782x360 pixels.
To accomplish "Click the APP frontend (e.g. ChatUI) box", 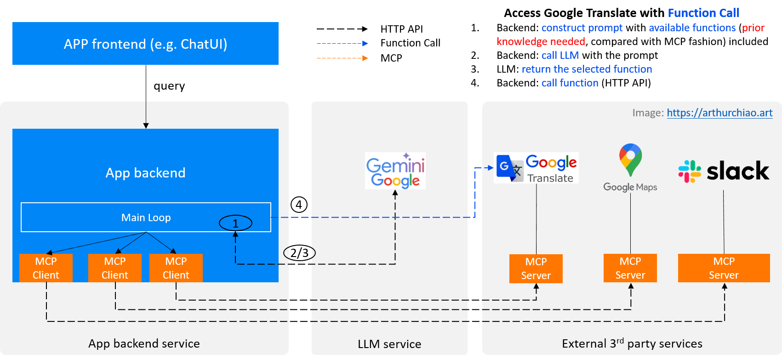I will tap(145, 44).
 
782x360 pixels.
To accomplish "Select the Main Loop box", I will tap(146, 217).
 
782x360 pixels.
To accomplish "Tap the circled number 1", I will tap(235, 223).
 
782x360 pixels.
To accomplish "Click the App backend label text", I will tap(146, 173).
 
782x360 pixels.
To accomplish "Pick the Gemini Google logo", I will tap(395, 171).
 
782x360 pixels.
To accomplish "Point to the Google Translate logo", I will tap(536, 168).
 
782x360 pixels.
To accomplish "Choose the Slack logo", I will tap(724, 171).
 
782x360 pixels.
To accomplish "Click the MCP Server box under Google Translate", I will tap(536, 269).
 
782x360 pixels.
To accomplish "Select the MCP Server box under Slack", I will tap(724, 268).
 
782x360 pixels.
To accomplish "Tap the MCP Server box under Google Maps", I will tap(630, 268).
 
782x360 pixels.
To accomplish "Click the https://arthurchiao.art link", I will tap(719, 113).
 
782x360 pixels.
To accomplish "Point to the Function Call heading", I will tap(703, 13).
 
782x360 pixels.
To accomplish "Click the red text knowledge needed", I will tap(541, 41).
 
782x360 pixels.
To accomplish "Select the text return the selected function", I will tap(587, 69).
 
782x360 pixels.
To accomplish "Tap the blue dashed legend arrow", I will tap(342, 44).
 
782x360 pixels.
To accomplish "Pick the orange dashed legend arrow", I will tap(342, 58).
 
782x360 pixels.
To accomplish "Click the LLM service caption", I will tap(389, 344).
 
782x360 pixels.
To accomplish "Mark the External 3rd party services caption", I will tap(632, 343).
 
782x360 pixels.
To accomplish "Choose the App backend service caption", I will tap(144, 343).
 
